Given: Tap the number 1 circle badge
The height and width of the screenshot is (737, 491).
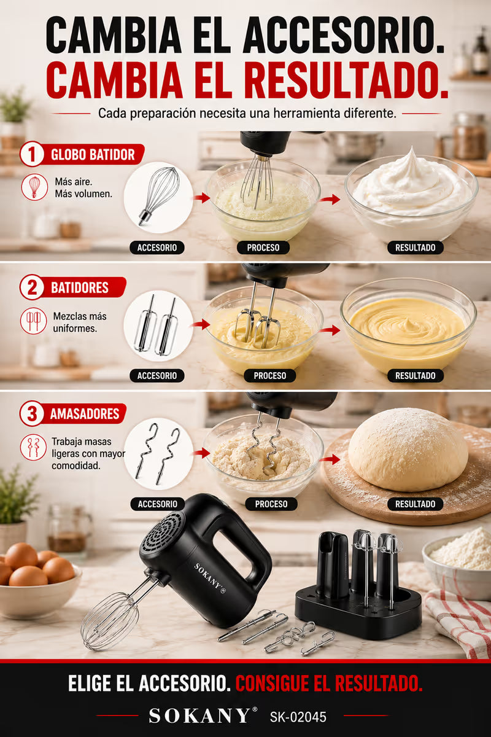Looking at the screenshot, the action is click(32, 154).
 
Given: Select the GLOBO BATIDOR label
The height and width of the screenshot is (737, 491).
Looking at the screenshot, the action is click(93, 155).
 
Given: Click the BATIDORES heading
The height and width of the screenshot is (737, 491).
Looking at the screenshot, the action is click(80, 288).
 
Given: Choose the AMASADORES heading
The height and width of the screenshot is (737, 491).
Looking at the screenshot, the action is click(85, 414).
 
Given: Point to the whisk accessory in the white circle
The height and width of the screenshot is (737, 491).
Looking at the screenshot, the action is click(160, 196).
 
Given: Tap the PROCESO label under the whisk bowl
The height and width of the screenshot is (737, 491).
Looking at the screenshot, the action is click(263, 248).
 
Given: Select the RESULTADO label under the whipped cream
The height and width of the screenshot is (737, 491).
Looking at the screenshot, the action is click(415, 248).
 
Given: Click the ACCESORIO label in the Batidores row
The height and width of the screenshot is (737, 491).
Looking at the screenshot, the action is click(157, 376).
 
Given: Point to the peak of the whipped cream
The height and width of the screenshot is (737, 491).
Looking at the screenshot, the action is click(412, 149).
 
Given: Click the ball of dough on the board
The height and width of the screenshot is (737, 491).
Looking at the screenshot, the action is click(408, 450).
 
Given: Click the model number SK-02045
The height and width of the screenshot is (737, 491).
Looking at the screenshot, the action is click(298, 717).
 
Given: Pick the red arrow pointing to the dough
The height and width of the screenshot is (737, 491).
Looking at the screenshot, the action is click(330, 459).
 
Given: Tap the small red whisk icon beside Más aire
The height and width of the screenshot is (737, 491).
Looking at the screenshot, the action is click(34, 187).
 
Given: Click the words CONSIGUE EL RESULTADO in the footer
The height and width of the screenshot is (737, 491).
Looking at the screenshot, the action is click(329, 684).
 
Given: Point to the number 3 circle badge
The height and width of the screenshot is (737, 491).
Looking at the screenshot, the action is click(32, 413).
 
